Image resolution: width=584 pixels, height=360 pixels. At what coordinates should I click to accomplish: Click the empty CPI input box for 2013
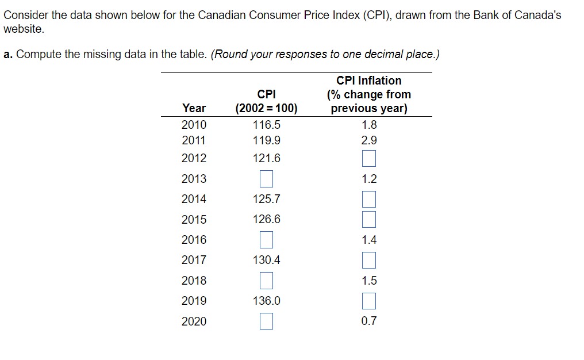266,179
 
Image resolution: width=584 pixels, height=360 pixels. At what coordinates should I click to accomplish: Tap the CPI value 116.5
267,125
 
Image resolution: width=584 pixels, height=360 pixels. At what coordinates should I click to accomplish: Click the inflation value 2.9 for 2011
369,140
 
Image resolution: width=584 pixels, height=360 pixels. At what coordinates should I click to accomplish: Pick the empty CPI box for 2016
266,240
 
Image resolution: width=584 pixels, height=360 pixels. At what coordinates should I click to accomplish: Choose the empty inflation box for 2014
369,199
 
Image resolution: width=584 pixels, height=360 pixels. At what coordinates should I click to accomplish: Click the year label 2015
194,220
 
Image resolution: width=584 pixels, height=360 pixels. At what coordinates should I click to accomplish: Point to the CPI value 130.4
267,260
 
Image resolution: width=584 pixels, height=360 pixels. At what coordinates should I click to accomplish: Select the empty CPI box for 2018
266,281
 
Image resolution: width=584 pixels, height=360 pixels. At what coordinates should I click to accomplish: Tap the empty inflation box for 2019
369,301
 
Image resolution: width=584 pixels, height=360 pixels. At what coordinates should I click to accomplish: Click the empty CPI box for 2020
266,321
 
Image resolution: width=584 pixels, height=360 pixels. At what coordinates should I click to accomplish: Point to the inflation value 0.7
369,321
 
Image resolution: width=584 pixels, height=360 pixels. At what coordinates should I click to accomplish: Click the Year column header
194,108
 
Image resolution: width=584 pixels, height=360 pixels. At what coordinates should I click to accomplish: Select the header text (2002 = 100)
267,108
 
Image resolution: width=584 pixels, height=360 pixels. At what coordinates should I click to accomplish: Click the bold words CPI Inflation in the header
369,81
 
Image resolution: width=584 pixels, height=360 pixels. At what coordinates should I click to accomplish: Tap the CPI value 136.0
267,301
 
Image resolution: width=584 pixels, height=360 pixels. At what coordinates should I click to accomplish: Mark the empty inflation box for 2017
369,260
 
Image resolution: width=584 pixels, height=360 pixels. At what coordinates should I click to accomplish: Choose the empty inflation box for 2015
369,219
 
